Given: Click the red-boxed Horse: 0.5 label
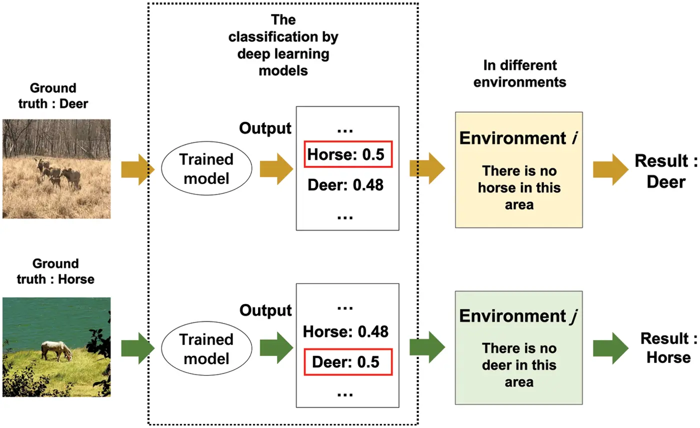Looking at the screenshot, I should click(345, 154).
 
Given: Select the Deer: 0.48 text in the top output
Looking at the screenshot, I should click(345, 185).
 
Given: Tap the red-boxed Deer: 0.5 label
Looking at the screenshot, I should click(345, 361).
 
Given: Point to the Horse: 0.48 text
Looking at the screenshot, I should click(345, 331).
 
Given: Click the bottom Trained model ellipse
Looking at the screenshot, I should click(206, 348).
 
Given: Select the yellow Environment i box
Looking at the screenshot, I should click(518, 170).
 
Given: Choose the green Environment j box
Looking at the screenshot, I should click(518, 347).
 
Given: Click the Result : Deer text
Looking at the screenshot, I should click(665, 171).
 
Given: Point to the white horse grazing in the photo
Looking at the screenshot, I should click(56, 350).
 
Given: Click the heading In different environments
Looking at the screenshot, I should click(520, 73).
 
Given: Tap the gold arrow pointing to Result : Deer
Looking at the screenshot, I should click(610, 169).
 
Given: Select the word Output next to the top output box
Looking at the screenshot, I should click(265, 128).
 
